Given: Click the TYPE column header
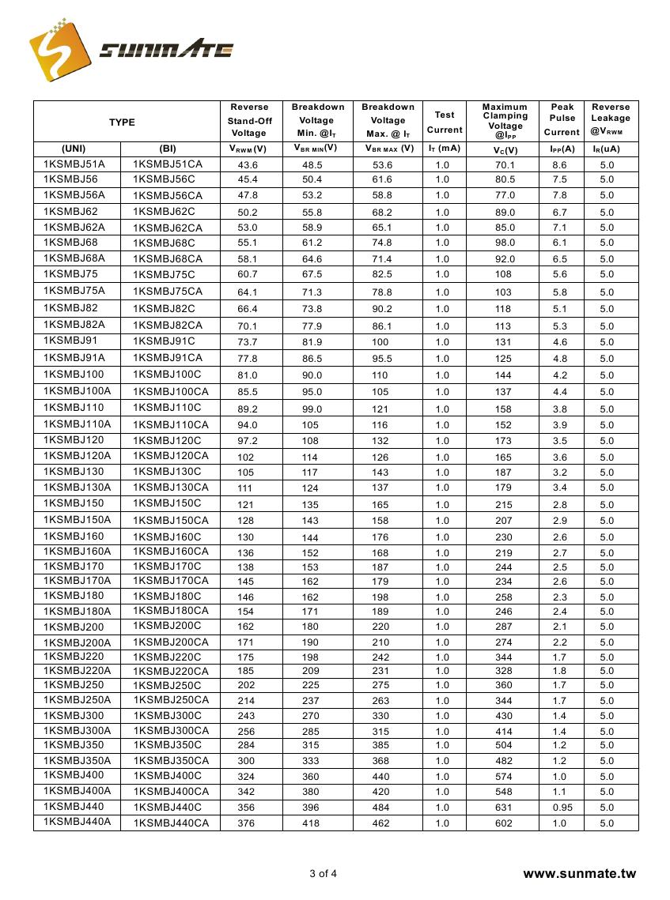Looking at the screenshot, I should click(x=122, y=122).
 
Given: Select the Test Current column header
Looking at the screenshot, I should click(x=445, y=122).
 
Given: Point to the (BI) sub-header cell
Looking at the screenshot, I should click(x=168, y=148).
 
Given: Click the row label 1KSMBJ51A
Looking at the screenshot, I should click(x=74, y=164).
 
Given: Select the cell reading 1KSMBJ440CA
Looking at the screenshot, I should click(x=172, y=823).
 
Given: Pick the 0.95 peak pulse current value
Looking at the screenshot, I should click(x=561, y=808).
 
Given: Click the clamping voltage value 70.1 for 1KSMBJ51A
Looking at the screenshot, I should click(x=505, y=165).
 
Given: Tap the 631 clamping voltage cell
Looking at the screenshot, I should click(x=504, y=808).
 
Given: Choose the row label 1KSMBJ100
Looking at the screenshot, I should click(x=74, y=375).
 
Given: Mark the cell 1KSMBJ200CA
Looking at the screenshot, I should click(x=172, y=642).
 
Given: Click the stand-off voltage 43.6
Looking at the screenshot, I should click(x=248, y=165).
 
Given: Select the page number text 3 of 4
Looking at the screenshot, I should click(x=323, y=873).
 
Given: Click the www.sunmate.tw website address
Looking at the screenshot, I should click(x=580, y=873).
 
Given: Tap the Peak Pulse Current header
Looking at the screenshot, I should click(x=562, y=119).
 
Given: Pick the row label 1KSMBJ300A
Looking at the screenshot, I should click(x=78, y=730).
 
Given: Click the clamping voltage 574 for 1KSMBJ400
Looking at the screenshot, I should click(x=504, y=777).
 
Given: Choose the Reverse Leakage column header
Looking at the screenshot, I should click(x=611, y=119).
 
